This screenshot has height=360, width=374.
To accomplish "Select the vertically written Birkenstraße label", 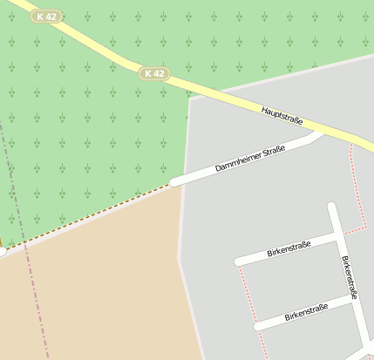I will (x=349, y=277).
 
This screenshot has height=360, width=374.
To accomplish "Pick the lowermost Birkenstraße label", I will (x=306, y=311).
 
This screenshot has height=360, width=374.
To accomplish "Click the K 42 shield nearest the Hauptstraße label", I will (x=153, y=74).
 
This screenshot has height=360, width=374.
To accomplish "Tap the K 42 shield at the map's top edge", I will (x=46, y=17).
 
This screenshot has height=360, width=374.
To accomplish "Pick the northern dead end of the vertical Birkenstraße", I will (x=331, y=207).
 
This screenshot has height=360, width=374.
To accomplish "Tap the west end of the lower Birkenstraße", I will (x=259, y=326).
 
